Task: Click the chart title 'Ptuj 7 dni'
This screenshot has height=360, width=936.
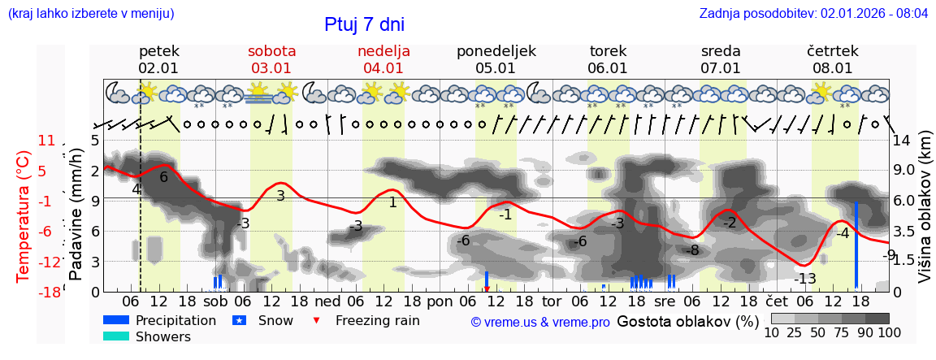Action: [364, 24]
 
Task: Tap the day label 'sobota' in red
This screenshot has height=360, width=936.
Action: [271, 51]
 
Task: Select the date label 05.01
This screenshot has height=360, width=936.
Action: [496, 68]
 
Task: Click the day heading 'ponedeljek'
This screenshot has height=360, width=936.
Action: [496, 51]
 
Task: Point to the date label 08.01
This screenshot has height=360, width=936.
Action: [832, 68]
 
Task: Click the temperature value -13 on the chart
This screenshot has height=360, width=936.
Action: [804, 279]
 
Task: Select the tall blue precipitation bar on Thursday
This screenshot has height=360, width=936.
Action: [856, 244]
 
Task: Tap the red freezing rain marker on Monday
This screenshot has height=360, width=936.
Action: [487, 288]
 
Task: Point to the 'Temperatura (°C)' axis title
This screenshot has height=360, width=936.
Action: [23, 215]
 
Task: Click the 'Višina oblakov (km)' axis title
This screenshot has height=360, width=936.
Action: [925, 215]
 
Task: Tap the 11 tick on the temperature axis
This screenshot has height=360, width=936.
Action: [46, 141]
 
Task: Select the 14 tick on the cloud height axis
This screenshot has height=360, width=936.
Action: [902, 141]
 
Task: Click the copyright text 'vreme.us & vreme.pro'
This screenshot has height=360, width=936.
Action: [540, 322]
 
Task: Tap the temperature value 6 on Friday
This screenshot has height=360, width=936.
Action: [163, 177]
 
